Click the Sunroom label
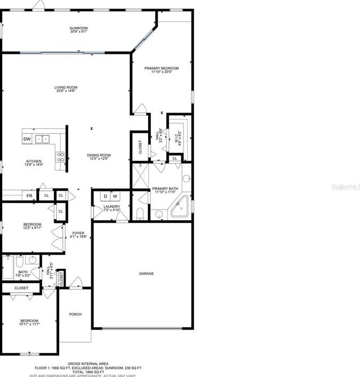(x=78, y=28)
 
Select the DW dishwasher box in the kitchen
(x=27, y=139)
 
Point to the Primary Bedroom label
(x=162, y=68)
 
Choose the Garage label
(x=146, y=274)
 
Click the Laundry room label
(x=111, y=206)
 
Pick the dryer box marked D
(x=106, y=196)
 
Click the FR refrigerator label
(x=30, y=196)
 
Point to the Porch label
(x=76, y=314)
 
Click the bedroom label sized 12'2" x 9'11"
(x=32, y=224)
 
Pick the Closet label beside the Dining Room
(x=140, y=147)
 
